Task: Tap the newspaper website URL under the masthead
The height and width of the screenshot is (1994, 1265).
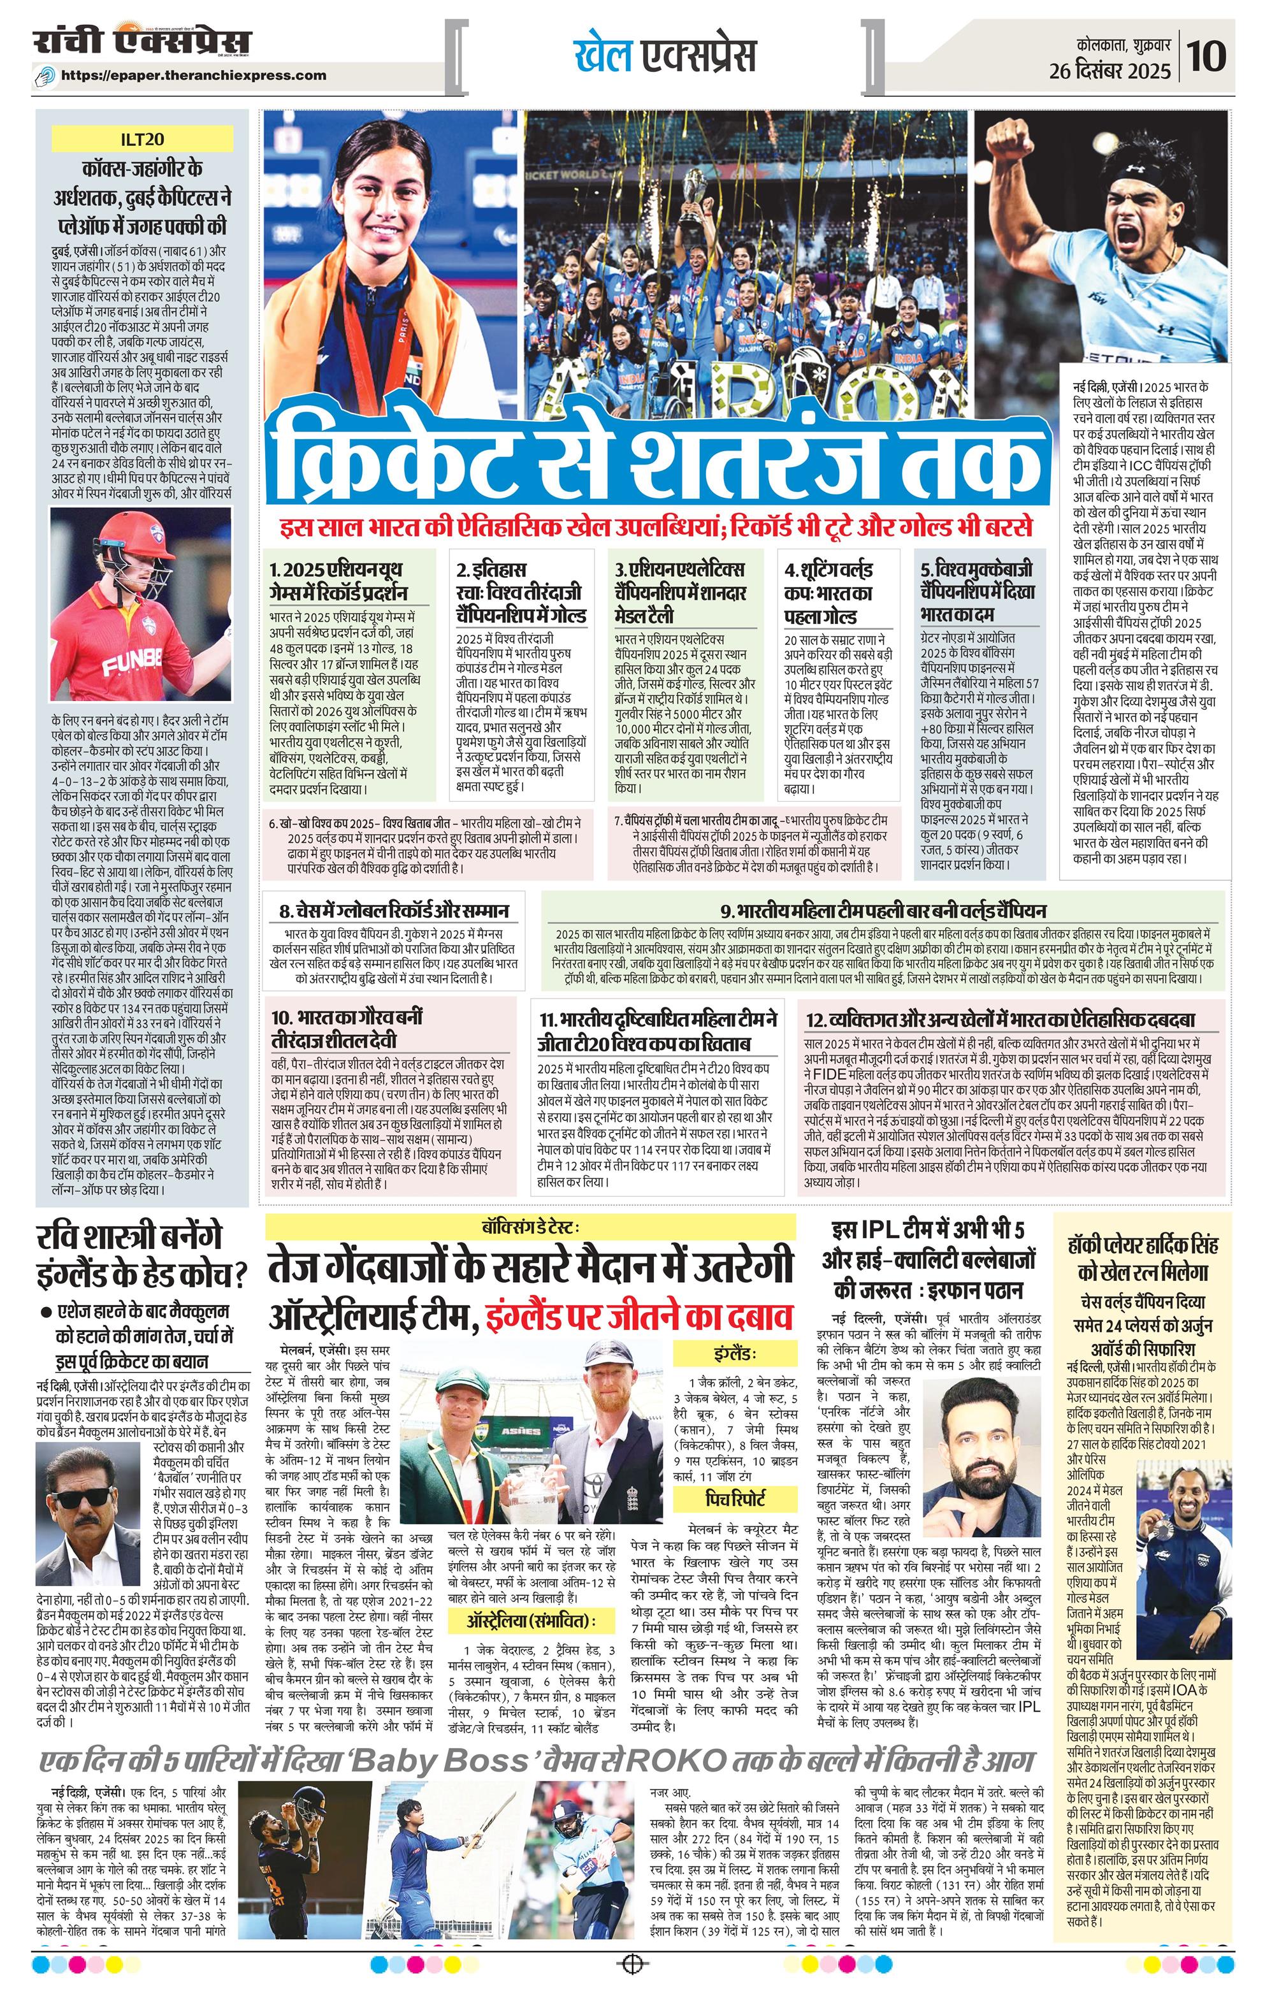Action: click(x=194, y=75)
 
